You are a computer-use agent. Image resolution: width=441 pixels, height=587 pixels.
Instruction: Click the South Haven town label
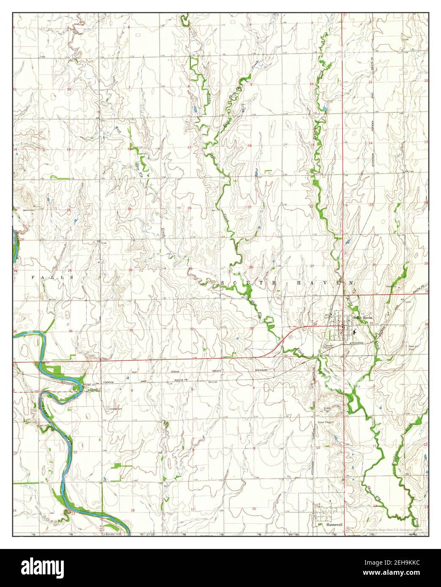362,318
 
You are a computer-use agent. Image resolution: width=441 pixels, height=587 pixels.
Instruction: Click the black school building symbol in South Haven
354,332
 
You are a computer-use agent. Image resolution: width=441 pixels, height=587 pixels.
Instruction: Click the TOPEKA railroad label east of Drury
108,380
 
